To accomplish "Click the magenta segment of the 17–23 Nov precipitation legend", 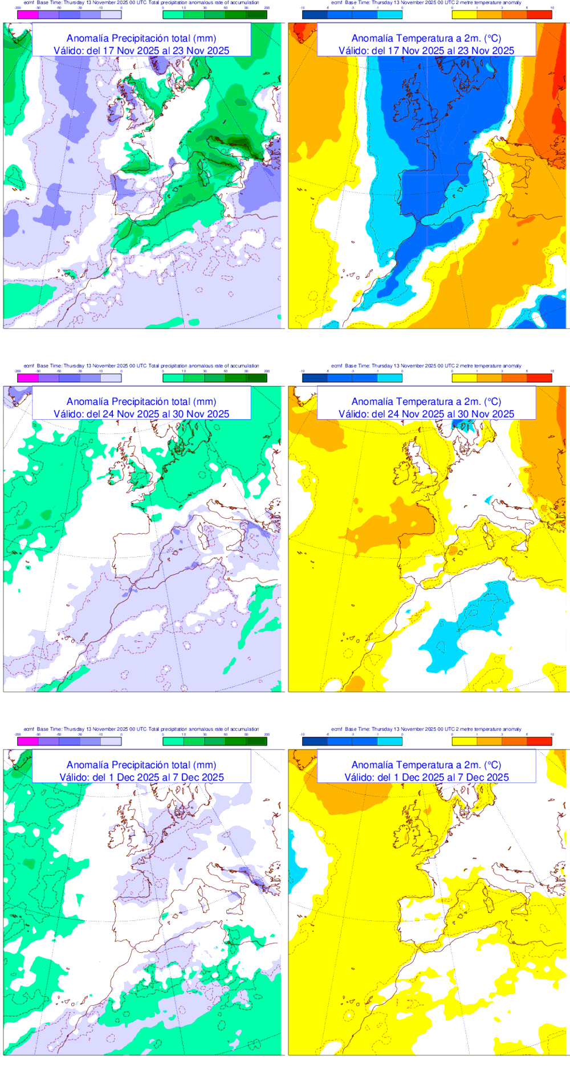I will [28, 15].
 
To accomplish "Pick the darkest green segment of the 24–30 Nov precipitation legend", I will [256, 378].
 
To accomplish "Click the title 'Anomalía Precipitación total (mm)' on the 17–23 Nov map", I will [141, 38].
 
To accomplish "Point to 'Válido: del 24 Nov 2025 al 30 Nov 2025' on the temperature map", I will [426, 414].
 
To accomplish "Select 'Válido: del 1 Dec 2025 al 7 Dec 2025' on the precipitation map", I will [141, 777].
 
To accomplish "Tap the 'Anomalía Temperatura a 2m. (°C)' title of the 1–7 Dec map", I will [426, 765].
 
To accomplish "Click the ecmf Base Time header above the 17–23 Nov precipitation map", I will [141, 3].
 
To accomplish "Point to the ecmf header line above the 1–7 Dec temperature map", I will [426, 730].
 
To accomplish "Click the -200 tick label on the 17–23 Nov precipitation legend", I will [18, 9].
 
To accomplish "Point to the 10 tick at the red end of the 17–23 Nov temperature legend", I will [552, 9].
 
